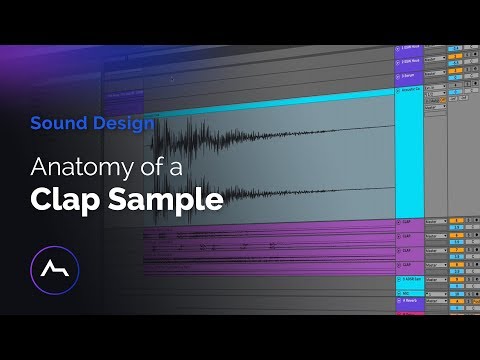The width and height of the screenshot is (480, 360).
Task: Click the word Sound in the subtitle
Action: click(x=52, y=124)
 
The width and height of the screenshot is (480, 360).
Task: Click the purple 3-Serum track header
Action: click(x=409, y=74)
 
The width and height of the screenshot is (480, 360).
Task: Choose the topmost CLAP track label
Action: click(x=409, y=221)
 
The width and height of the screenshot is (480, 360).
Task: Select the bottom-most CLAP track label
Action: click(x=409, y=264)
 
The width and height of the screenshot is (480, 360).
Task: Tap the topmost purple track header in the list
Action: click(x=409, y=47)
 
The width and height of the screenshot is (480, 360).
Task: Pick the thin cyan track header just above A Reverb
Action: click(x=409, y=290)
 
